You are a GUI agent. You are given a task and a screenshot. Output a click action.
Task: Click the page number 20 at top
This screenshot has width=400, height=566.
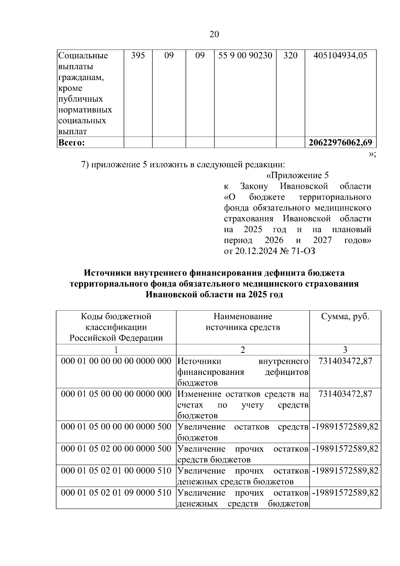pyautogui.click(x=214, y=34)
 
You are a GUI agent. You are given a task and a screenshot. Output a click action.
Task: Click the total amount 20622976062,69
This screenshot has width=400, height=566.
pyautogui.click(x=340, y=143)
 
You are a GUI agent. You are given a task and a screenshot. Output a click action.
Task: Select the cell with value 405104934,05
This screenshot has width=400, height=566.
pyautogui.click(x=340, y=55)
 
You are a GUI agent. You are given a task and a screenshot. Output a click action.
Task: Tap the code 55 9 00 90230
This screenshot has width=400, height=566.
pyautogui.click(x=245, y=55)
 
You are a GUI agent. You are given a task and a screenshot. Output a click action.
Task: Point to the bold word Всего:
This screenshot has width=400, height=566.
pyautogui.click(x=71, y=143)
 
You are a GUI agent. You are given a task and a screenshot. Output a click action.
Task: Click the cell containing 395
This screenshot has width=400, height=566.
pyautogui.click(x=138, y=55)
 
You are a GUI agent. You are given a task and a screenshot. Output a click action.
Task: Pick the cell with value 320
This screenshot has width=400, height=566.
pyautogui.click(x=290, y=55)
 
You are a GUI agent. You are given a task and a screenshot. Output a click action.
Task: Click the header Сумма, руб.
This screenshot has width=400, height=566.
pyautogui.click(x=345, y=316)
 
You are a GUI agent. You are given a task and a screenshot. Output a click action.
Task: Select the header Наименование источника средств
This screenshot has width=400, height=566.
pyautogui.click(x=243, y=322)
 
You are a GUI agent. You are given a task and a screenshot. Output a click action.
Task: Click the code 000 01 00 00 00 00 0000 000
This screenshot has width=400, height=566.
pyautogui.click(x=116, y=361)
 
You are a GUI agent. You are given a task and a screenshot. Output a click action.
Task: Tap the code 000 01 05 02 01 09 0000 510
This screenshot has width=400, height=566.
pyautogui.click(x=116, y=493)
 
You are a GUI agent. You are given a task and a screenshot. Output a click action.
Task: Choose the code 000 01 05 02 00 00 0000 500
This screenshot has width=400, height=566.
pyautogui.click(x=116, y=449)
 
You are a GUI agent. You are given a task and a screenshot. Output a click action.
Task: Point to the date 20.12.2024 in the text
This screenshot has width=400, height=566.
pyautogui.click(x=256, y=251)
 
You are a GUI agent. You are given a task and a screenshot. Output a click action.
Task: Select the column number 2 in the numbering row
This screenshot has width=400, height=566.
pyautogui.click(x=243, y=350)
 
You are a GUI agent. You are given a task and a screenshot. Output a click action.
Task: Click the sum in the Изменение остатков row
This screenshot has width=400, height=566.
pyautogui.click(x=345, y=394)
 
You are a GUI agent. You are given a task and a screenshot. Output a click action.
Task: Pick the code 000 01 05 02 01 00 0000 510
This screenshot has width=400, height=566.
pyautogui.click(x=116, y=471)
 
